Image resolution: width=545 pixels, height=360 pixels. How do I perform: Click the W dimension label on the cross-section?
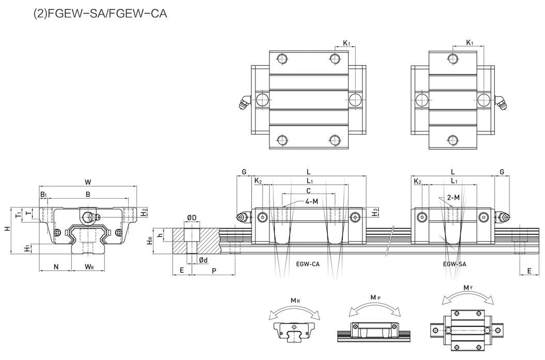[x=88, y=182]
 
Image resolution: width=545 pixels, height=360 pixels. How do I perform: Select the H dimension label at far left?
[x=7, y=228]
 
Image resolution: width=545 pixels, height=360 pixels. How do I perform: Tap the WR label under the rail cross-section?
[x=89, y=266]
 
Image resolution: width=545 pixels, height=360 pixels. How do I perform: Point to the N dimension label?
[x=56, y=266]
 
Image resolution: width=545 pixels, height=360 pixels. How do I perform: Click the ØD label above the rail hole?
[x=191, y=218]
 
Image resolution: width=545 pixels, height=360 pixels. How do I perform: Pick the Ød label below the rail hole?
[x=203, y=260]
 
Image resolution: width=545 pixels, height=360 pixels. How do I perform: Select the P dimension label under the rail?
[x=214, y=271]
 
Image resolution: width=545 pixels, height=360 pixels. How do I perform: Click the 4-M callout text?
[x=311, y=201]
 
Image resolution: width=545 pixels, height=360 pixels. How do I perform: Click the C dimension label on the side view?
[x=308, y=191]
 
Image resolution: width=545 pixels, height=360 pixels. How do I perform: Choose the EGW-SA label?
[x=455, y=264]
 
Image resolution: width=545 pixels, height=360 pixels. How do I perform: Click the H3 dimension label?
[x=376, y=213]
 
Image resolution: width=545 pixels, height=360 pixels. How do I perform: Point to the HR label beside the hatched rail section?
[x=149, y=241]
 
